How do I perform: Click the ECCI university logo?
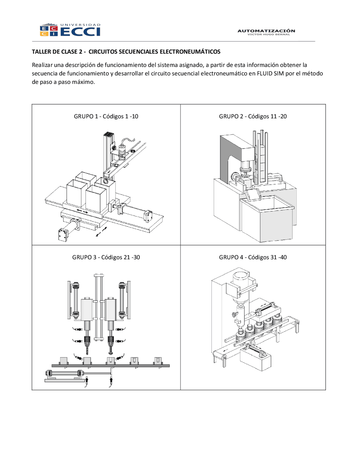point(70,30)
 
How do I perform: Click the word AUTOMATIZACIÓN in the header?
point(266,31)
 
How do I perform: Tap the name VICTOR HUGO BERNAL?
point(268,35)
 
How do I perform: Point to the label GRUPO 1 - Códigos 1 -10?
point(106,116)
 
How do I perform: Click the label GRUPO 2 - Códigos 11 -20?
point(253,116)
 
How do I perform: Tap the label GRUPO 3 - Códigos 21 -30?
point(106,257)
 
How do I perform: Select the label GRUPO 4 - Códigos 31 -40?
point(253,257)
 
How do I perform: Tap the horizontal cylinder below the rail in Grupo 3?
point(64,373)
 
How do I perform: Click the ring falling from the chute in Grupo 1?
point(105,182)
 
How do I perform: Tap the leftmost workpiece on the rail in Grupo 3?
point(64,360)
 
